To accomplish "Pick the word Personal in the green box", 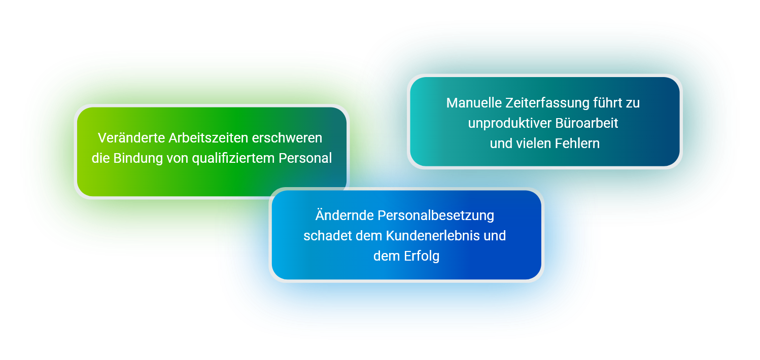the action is [305, 158].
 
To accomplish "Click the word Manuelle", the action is [474, 103].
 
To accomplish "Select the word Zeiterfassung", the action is [547, 103].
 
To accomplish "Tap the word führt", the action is [607, 103].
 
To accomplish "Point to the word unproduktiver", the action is [509, 123].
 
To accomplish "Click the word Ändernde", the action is [344, 215].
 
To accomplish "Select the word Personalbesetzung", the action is [436, 216].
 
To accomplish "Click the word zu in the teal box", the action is [633, 103].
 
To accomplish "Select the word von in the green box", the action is [178, 159].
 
